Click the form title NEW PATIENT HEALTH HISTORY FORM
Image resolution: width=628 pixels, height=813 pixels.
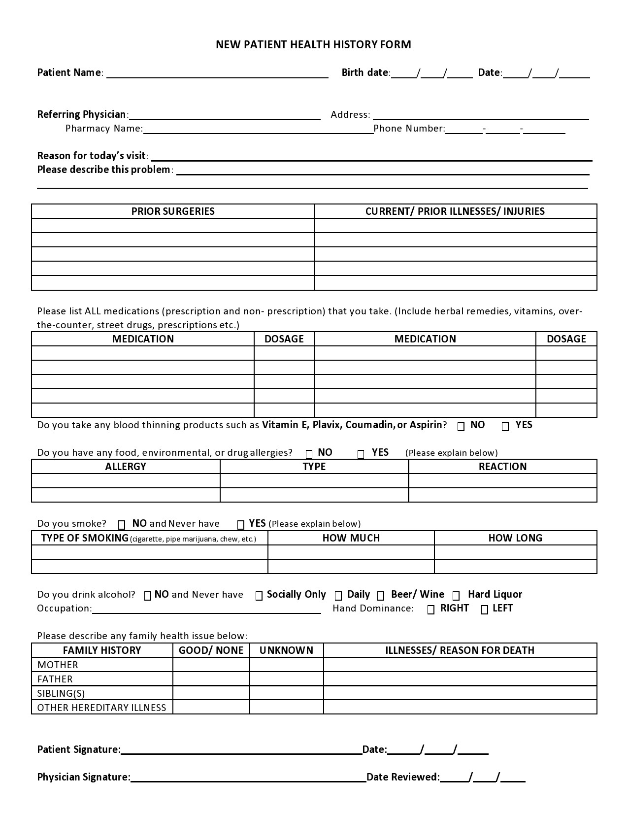(x=313, y=45)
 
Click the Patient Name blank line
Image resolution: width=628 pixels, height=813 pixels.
(x=217, y=74)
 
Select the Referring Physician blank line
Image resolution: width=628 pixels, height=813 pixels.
(x=224, y=115)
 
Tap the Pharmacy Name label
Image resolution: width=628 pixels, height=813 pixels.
(x=104, y=129)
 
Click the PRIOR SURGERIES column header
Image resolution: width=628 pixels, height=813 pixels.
(x=173, y=211)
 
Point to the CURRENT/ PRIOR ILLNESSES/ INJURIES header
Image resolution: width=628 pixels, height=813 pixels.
(x=455, y=211)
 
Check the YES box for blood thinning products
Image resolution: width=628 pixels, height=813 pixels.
(x=505, y=427)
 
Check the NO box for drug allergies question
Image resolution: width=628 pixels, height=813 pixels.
(x=309, y=454)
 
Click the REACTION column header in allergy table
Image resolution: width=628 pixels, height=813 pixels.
(x=502, y=467)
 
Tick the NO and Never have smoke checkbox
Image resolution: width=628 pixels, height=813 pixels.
(x=122, y=525)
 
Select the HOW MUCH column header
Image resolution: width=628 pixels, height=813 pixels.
(x=351, y=538)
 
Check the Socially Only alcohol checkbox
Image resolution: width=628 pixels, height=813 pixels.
(x=259, y=596)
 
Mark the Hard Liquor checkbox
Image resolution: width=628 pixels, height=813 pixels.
(x=457, y=596)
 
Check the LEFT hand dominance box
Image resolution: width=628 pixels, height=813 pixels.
(x=485, y=610)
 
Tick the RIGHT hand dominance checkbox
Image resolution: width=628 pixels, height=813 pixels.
(x=431, y=610)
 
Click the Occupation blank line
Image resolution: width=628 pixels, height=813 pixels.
(x=206, y=610)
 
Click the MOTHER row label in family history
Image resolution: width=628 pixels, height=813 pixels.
(x=58, y=665)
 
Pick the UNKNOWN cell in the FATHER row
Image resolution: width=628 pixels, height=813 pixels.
(x=287, y=679)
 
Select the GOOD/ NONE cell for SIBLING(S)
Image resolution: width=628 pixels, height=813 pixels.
(x=211, y=693)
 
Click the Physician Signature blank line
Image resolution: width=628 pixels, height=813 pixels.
(x=248, y=779)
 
